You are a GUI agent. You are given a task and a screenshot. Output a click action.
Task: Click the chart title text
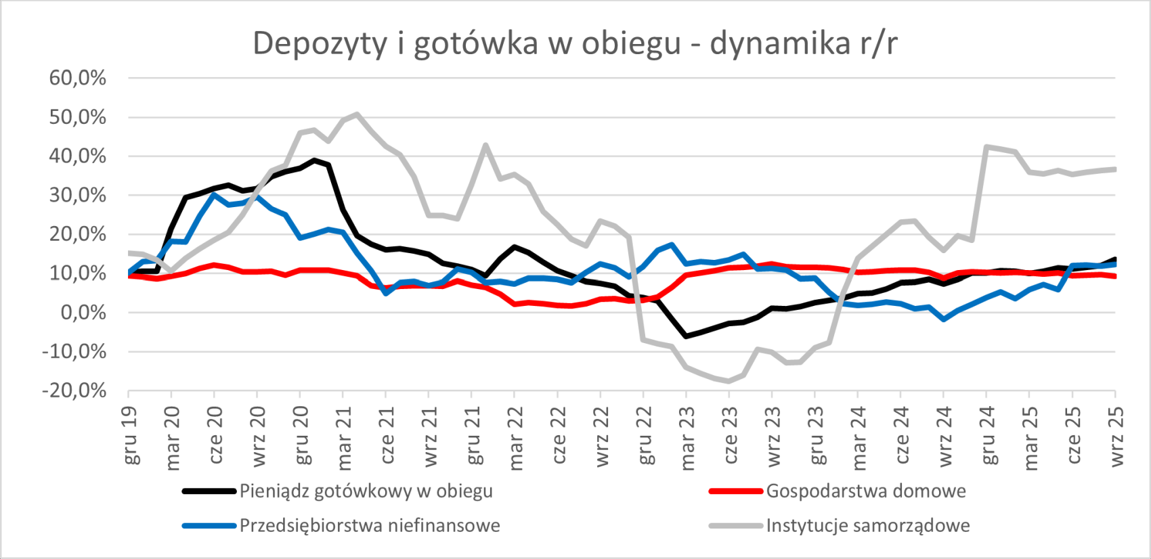pos(575,43)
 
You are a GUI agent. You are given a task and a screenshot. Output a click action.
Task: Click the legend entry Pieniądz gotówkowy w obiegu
pos(366,491)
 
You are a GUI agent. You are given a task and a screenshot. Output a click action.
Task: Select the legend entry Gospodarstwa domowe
pos(866,491)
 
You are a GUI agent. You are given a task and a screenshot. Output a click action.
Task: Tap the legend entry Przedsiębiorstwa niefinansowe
pos(370,526)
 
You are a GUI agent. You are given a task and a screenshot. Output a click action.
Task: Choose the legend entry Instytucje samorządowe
pos(868,526)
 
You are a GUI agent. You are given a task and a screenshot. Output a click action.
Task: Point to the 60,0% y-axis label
pos(78,79)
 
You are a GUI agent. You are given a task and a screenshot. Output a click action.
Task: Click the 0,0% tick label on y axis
pos(83,313)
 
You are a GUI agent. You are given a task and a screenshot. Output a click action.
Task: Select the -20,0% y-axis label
pos(74,391)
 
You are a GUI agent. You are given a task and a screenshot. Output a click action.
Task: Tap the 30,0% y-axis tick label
pos(78,196)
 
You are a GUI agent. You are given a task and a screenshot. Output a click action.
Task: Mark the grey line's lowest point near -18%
pos(729,381)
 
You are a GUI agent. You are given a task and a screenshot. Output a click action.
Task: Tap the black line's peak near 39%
pos(314,160)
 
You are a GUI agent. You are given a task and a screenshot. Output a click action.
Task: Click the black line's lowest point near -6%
pos(686,336)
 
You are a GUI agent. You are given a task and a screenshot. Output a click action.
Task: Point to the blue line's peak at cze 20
pos(214,195)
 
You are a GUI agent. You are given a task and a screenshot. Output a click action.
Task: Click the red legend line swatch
pos(735,491)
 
